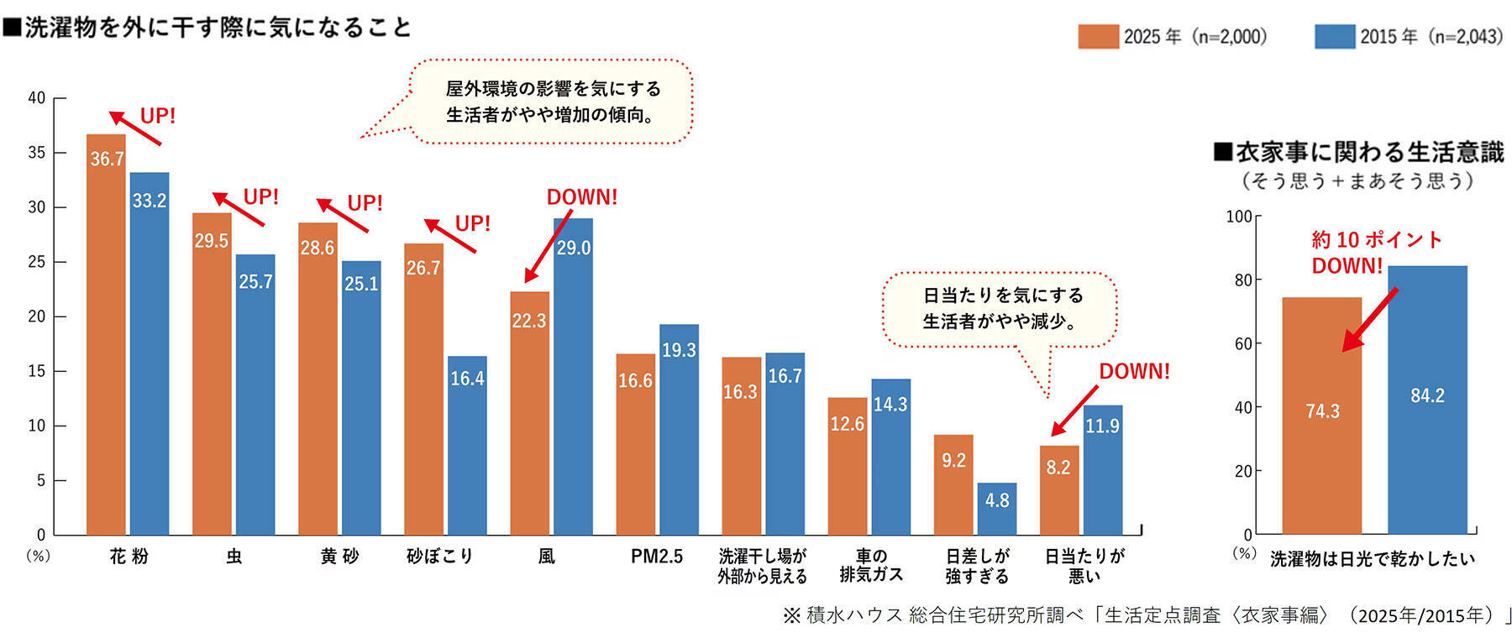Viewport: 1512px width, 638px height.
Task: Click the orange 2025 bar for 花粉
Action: click(106, 336)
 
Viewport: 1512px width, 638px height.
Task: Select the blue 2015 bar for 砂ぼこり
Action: click(467, 445)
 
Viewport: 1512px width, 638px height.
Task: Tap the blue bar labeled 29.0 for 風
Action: click(573, 378)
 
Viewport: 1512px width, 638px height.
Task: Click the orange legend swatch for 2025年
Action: click(1098, 37)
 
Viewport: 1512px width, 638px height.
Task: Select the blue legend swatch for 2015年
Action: click(1334, 37)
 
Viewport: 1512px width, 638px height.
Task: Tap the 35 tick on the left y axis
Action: click(37, 153)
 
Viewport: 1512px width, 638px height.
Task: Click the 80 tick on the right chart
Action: click(1243, 280)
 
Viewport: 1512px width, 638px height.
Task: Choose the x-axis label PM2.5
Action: click(657, 557)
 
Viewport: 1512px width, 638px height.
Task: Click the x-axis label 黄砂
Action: click(339, 557)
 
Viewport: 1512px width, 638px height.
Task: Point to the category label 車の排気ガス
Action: click(871, 566)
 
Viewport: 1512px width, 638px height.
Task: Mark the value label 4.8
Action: click(997, 500)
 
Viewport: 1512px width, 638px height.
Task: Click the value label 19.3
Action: click(679, 350)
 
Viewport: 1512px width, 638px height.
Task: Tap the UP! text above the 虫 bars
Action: click(260, 197)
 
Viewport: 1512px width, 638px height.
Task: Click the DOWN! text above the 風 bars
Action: click(581, 197)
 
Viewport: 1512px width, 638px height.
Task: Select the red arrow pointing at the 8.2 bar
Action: click(1074, 411)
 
